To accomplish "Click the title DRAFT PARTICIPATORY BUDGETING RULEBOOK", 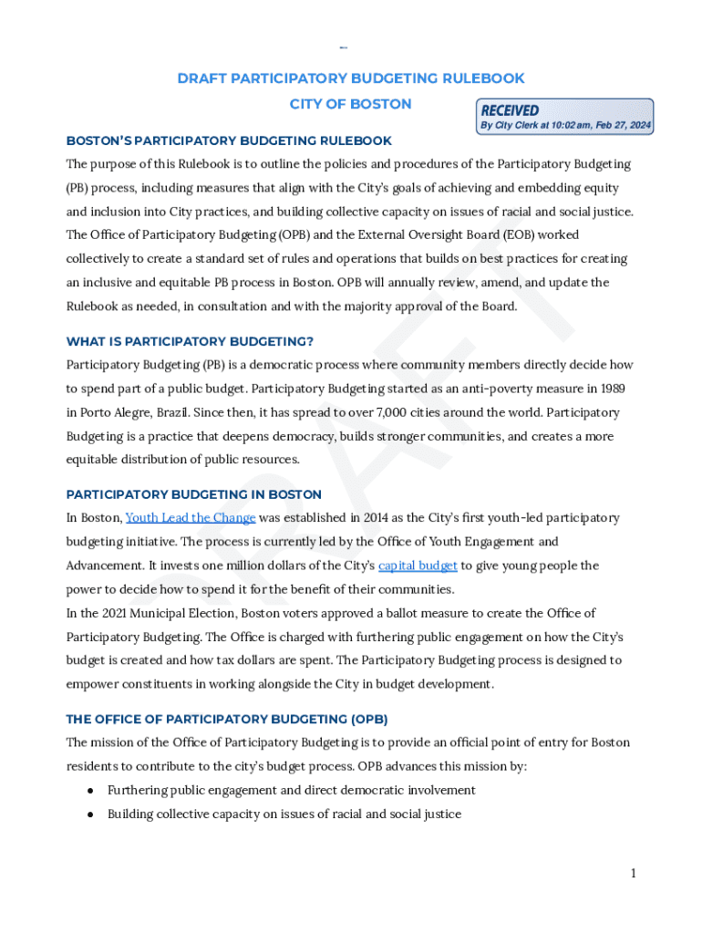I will click(x=351, y=78).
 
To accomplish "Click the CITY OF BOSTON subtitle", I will click(x=350, y=104).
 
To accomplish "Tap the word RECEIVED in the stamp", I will click(x=510, y=110).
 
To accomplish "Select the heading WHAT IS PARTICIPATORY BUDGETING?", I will click(x=190, y=341).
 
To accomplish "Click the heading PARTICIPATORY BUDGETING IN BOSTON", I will click(x=193, y=494).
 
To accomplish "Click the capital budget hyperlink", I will click(x=418, y=566).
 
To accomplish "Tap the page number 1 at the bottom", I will click(x=633, y=874).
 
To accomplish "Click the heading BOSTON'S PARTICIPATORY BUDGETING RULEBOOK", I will click(x=229, y=140).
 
